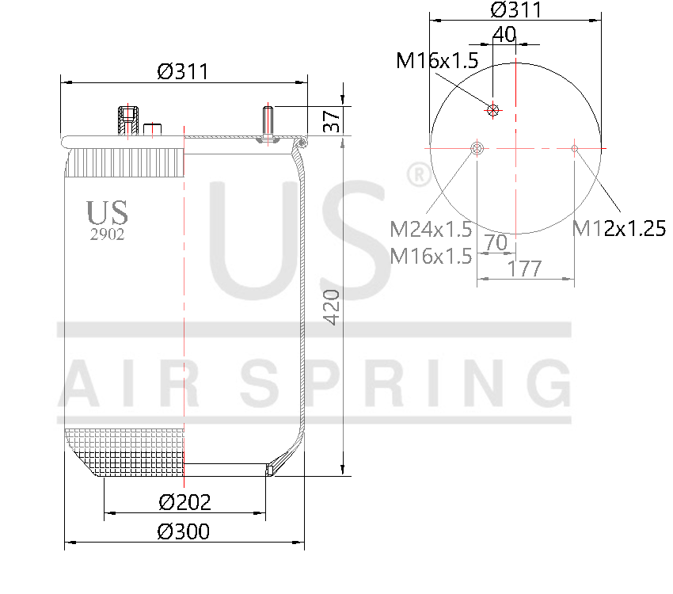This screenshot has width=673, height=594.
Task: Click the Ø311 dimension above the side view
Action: (182, 71)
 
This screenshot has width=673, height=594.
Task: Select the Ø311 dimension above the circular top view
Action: (515, 10)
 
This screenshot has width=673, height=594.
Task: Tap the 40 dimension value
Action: (504, 34)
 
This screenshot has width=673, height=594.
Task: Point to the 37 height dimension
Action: (333, 120)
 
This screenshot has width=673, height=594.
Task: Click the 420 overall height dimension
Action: (333, 307)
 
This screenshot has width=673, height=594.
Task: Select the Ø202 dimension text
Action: (184, 501)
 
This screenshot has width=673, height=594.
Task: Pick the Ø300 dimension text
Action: (184, 531)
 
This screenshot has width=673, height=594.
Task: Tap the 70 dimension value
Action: (496, 243)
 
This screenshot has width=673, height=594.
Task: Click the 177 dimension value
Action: (524, 268)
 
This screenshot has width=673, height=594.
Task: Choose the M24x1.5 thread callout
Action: (431, 230)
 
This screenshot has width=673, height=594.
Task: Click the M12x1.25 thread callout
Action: (618, 230)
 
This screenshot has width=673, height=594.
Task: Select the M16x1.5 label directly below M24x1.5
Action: (431, 256)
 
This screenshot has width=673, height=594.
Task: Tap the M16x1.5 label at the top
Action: (437, 61)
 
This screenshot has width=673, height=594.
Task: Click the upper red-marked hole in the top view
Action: (493, 110)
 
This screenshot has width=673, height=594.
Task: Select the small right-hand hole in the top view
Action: (575, 147)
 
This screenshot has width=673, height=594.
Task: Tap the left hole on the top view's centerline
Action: (477, 148)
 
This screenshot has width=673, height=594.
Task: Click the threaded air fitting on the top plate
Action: (126, 120)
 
